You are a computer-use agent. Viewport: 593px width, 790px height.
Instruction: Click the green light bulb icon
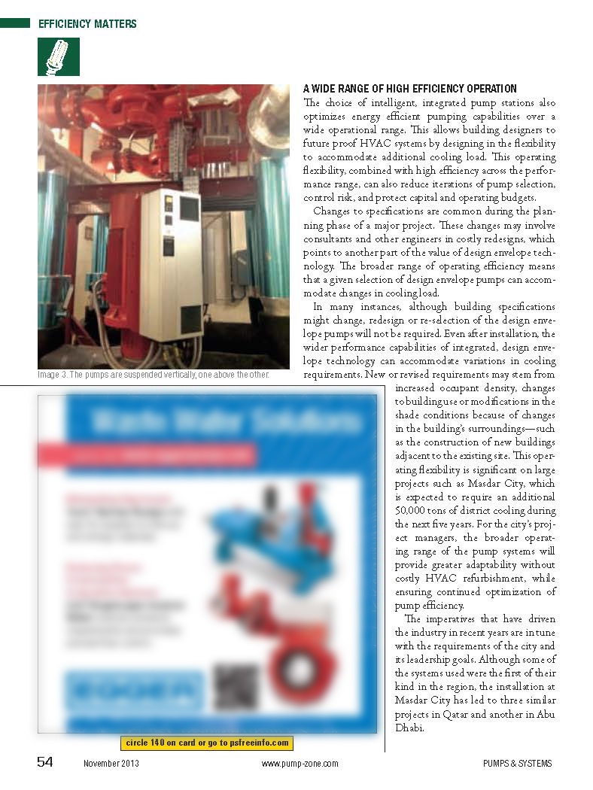pyautogui.click(x=58, y=56)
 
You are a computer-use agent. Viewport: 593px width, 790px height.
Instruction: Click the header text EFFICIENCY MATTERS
pyautogui.click(x=87, y=24)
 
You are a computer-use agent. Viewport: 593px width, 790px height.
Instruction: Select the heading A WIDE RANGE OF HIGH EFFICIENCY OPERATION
pyautogui.click(x=409, y=89)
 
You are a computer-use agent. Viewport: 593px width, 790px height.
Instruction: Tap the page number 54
pyautogui.click(x=45, y=762)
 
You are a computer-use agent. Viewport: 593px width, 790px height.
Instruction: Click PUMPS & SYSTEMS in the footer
pyautogui.click(x=518, y=764)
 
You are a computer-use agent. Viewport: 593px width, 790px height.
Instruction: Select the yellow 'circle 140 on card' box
pyautogui.click(x=206, y=743)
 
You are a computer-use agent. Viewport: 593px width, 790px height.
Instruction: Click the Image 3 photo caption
pyautogui.click(x=153, y=375)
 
